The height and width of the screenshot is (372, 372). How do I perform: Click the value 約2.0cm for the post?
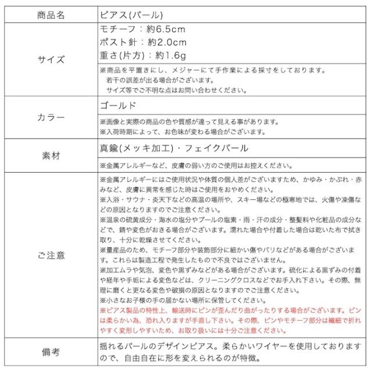pos(168,42)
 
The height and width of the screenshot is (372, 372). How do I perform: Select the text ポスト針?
pos(118,42)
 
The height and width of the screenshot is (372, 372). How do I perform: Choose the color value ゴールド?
pos(119,106)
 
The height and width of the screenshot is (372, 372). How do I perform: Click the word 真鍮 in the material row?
pos(109,149)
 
